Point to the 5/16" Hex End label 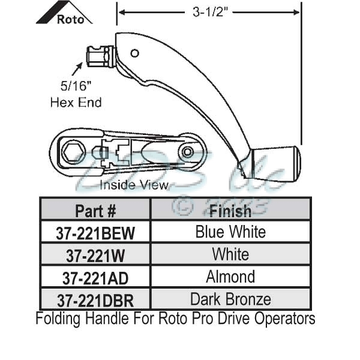[76, 95]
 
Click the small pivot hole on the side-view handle [134, 53]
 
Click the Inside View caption [134, 185]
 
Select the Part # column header [95, 211]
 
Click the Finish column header [230, 211]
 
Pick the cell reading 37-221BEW [95, 233]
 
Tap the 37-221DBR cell [95, 299]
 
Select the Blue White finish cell [230, 232]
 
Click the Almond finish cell [230, 277]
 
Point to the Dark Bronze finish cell [230, 298]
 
